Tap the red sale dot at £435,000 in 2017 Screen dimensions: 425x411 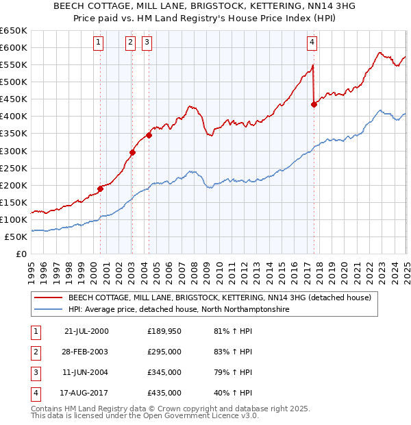click(314, 104)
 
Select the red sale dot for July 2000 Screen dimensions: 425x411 click(100, 189)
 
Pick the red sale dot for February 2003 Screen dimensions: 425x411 click(132, 152)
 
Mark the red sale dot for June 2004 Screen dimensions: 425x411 click(149, 135)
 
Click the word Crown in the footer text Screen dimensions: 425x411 click(183, 409)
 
